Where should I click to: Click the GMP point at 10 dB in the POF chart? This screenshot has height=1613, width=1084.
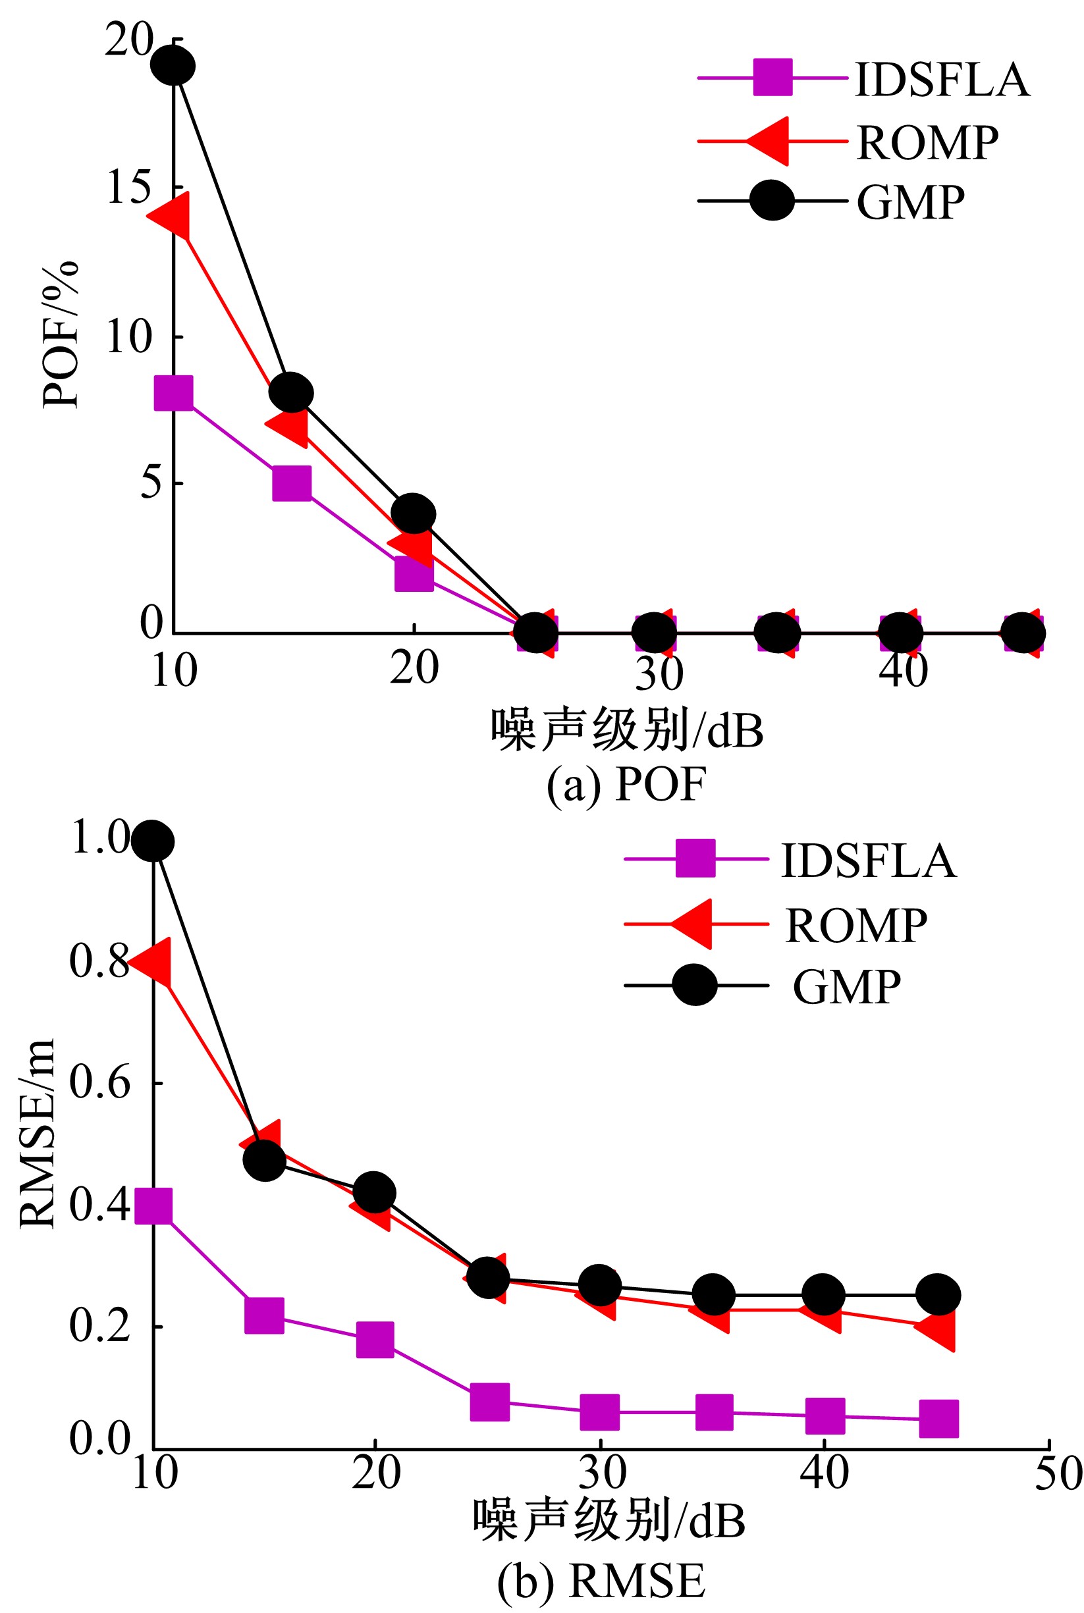tap(173, 66)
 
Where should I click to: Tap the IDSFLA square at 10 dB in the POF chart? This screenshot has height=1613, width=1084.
tap(173, 393)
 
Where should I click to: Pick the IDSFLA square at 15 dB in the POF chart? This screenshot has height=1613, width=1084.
tap(292, 483)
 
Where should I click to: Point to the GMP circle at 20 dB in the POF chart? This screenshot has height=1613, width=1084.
tap(414, 514)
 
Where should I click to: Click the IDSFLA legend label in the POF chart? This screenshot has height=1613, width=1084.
tap(942, 80)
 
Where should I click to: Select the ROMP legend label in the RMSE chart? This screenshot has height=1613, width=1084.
tap(856, 926)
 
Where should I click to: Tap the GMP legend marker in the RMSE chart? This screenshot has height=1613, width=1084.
tap(695, 986)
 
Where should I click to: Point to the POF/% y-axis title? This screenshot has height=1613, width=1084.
tap(61, 335)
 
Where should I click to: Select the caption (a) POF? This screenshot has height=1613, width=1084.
tap(626, 784)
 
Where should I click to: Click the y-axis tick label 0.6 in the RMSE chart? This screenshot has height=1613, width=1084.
tap(99, 1082)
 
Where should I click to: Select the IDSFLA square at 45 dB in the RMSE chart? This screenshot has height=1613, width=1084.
tap(939, 1419)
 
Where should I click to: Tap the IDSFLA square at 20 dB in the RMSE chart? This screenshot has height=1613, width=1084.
tap(375, 1340)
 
